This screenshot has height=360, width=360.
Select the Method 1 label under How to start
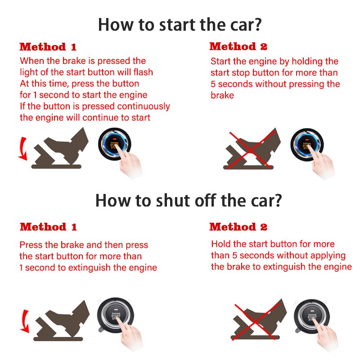pos(48,47)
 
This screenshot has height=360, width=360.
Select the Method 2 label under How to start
pos(238,46)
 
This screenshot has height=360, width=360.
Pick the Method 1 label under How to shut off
pos(48,227)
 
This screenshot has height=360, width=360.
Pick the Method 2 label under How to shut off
pos(238,227)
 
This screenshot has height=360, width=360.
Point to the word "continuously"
pos(144,107)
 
